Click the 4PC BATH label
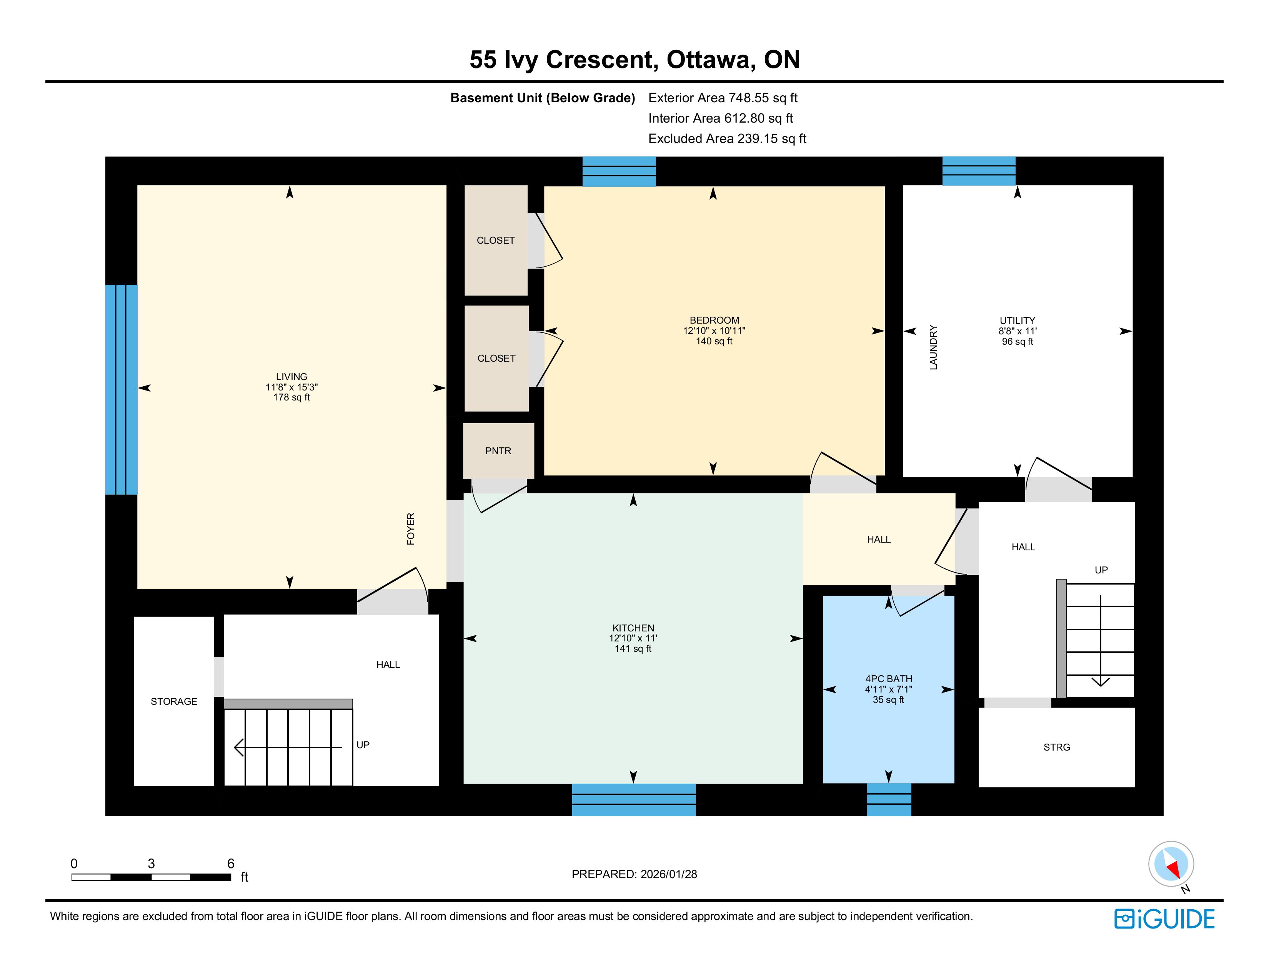coord(888,679)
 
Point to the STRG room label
coord(1056,747)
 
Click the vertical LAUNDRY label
coord(933,347)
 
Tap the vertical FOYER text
coord(411,529)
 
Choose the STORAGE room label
coord(174,701)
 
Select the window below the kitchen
coord(634,799)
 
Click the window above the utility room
coord(979,171)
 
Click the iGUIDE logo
coord(1164,919)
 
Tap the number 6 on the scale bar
coord(231,863)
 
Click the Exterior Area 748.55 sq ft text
coord(723,98)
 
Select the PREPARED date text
coord(634,874)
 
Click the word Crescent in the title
coord(602,60)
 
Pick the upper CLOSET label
coord(496,240)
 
